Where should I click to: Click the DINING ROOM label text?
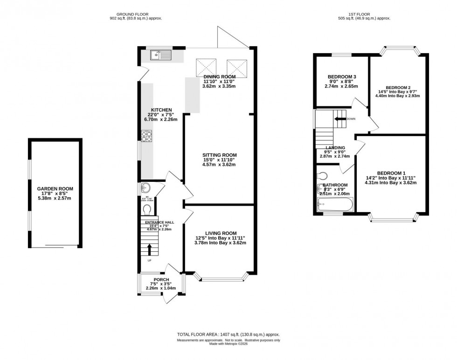[219, 76]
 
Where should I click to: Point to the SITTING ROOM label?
[219, 155]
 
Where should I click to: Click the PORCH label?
[161, 279]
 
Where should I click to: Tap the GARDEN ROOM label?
[55, 189]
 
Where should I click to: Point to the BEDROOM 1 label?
[391, 173]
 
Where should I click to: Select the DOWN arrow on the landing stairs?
[339, 118]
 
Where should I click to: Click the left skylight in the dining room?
[206, 67]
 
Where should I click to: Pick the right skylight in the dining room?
[235, 67]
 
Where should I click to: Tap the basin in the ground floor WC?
[145, 188]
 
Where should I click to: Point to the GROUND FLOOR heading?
[136, 14]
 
